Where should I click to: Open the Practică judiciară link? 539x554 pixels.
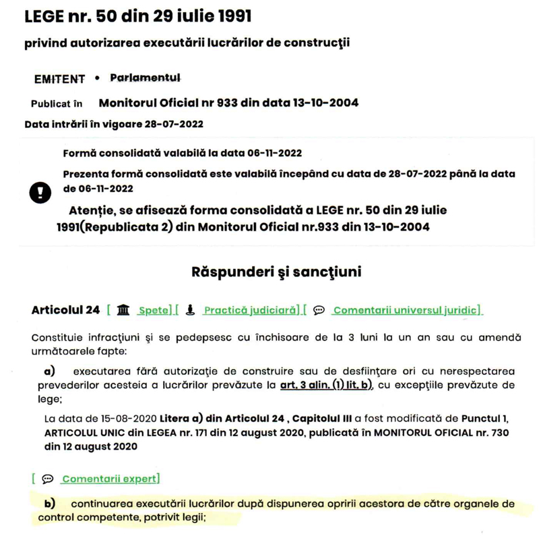click(251, 311)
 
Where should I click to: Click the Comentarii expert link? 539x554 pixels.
click(110, 479)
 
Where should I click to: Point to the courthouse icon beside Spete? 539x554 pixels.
click(123, 310)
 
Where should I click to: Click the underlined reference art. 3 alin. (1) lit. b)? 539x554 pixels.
click(325, 386)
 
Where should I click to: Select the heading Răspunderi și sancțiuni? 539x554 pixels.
click(276, 272)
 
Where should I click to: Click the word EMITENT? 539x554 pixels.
click(59, 79)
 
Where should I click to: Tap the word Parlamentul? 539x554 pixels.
click(146, 78)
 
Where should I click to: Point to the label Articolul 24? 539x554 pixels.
click(65, 310)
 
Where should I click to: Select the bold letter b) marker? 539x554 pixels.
click(49, 503)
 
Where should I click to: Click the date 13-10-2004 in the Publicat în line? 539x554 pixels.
click(325, 103)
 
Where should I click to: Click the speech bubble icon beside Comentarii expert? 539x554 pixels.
click(47, 479)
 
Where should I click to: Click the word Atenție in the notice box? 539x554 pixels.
click(94, 210)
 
